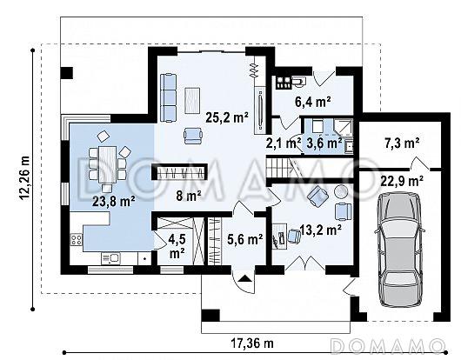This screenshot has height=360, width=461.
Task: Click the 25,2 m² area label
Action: tap(227, 117)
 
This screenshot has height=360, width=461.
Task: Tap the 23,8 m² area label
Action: tap(114, 202)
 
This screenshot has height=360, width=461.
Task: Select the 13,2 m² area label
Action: tap(320, 230)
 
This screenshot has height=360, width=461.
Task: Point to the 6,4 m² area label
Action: tap(313, 102)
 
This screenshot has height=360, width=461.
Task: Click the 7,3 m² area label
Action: tap(402, 143)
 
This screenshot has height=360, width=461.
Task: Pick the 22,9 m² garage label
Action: tap(402, 181)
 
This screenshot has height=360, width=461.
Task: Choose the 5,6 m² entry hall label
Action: tap(245, 239)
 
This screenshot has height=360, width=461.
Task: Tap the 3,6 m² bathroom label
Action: tap(324, 143)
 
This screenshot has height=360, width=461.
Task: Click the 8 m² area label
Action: tap(189, 196)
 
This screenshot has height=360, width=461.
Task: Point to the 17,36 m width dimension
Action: tap(252, 343)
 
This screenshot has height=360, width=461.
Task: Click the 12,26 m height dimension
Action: tap(25, 177)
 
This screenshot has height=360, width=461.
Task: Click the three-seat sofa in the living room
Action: tap(169, 98)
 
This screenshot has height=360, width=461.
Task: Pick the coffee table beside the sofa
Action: tap(192, 100)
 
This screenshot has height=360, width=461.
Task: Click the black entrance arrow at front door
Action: tap(245, 278)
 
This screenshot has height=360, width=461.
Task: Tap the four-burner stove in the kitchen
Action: tap(77, 239)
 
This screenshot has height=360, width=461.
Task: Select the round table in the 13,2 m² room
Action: tap(341, 191)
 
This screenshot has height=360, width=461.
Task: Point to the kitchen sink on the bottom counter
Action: tap(111, 258)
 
